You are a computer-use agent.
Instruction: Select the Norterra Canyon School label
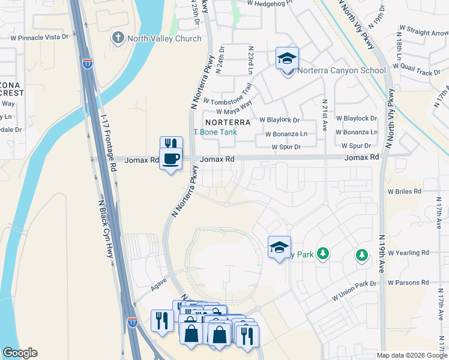(x=343, y=71)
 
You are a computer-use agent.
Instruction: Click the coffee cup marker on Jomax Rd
(x=171, y=159)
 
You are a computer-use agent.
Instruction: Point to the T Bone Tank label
(x=214, y=132)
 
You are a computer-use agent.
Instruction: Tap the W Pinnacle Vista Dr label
(x=40, y=37)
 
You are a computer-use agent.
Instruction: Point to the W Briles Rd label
(x=405, y=191)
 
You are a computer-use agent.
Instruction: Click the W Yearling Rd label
(x=408, y=253)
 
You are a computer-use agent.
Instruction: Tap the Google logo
(x=20, y=353)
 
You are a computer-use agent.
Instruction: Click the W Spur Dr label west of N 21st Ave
(x=286, y=146)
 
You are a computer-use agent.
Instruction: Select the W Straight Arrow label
(x=423, y=32)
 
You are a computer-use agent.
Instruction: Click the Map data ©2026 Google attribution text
(x=412, y=355)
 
